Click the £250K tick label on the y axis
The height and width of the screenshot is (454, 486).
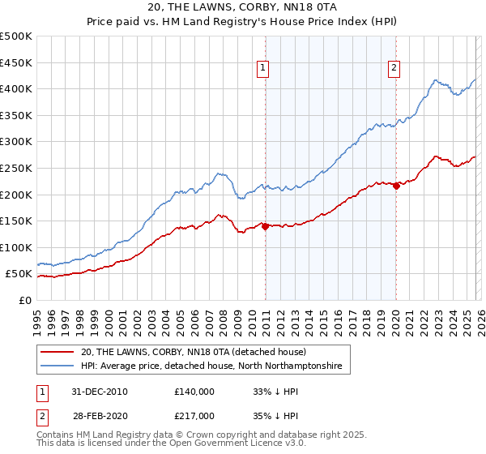pos(16,168)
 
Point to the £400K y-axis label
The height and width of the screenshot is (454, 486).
pos(16,88)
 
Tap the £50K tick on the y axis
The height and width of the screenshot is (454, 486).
pos(19,274)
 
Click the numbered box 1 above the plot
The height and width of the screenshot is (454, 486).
pos(265,69)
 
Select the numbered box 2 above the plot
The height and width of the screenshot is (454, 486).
pos(394,69)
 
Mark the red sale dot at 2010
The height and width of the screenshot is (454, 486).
pos(265,226)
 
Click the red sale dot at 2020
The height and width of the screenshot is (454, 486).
pos(396,186)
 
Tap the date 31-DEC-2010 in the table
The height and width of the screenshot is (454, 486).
pos(99,392)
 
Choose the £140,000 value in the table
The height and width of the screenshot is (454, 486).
pos(194,392)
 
